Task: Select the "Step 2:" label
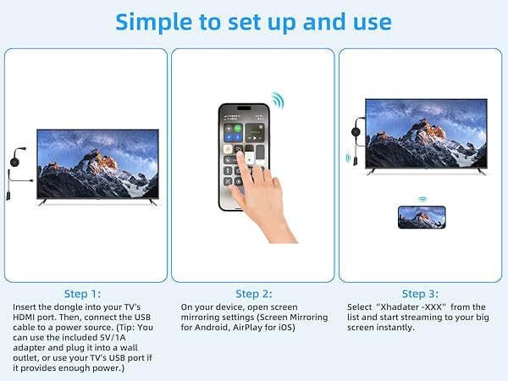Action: coord(253,294)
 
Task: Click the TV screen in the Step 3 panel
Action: coord(427,134)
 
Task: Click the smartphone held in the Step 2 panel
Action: coord(244,157)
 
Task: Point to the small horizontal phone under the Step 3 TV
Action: coord(421,218)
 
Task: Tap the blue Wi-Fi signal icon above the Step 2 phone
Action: coord(278,101)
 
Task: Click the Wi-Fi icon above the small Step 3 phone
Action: coord(421,201)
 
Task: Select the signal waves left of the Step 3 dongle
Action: coord(347,158)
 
